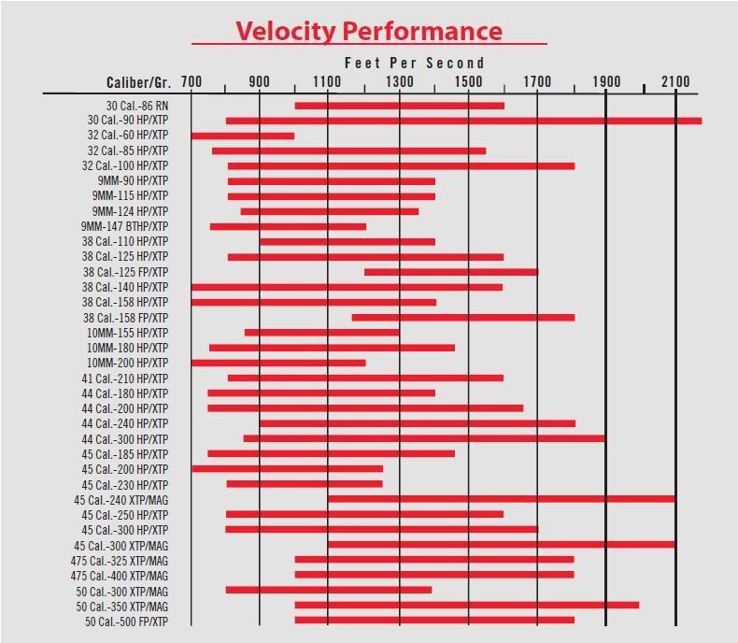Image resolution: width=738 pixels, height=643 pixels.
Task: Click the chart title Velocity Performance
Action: (369, 31)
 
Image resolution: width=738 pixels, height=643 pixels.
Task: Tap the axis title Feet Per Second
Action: (415, 63)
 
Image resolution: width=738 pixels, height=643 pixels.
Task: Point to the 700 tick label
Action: (191, 82)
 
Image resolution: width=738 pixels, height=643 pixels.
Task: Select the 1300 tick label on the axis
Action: (399, 82)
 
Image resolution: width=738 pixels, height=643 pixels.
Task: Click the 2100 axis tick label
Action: (675, 82)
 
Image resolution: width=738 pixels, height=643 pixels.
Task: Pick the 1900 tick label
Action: (606, 82)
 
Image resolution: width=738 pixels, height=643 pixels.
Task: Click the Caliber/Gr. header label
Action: (138, 82)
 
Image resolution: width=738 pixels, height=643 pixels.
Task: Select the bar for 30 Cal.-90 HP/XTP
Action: (463, 121)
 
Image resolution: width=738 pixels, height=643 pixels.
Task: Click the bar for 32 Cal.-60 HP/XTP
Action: (243, 136)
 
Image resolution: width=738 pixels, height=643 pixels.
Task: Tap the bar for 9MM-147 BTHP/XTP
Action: (288, 226)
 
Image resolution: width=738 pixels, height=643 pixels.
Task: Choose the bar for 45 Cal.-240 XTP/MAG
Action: (501, 499)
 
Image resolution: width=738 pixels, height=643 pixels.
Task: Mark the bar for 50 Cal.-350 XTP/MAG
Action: (467, 606)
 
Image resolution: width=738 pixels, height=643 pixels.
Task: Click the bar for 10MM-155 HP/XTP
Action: (321, 333)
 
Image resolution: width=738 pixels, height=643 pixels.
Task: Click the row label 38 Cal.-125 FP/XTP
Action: (125, 272)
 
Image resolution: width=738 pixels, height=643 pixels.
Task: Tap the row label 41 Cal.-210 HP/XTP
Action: (125, 379)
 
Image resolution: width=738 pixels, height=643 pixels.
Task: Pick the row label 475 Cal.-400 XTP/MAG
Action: (120, 576)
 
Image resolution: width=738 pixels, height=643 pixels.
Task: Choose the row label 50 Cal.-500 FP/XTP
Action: (127, 621)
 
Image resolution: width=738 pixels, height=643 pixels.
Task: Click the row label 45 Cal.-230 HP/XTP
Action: (125, 484)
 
